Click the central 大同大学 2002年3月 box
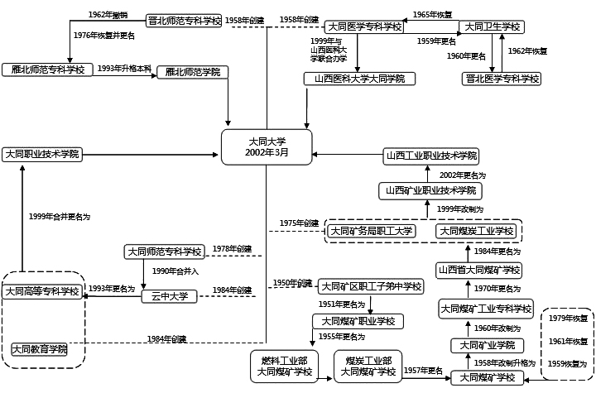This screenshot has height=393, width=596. [x=267, y=146]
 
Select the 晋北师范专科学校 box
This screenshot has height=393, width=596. [x=184, y=20]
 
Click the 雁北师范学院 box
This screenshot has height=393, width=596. [x=192, y=72]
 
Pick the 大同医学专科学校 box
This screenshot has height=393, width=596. [x=364, y=26]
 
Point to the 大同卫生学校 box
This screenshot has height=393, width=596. [x=491, y=26]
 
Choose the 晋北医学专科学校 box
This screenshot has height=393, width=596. [x=501, y=79]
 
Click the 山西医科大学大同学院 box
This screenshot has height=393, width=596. [x=358, y=79]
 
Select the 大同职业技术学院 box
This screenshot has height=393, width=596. [x=41, y=154]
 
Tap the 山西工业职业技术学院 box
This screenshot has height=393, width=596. [x=431, y=156]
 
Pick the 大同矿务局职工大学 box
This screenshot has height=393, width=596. [x=372, y=231]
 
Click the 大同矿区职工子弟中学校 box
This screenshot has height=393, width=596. [x=371, y=286]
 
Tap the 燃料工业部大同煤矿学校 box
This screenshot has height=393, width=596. [x=285, y=365]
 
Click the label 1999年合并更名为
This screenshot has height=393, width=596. [x=59, y=216]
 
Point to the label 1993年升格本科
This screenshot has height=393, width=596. [x=124, y=67]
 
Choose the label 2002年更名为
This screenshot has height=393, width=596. [x=463, y=175]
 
